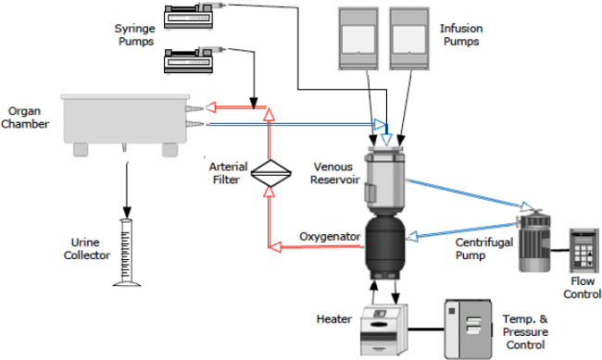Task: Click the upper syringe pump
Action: (189, 17)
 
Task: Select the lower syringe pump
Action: (189, 61)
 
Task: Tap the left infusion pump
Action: (358, 38)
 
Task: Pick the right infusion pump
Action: (409, 38)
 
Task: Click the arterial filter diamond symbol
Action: (270, 173)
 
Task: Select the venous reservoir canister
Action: (384, 180)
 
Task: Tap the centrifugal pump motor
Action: (534, 242)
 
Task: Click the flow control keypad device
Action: (584, 250)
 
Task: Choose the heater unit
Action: (384, 330)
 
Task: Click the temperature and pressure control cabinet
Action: (468, 329)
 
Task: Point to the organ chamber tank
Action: (125, 124)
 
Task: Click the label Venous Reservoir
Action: (334, 173)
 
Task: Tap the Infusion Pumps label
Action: (461, 35)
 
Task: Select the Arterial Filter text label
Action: (228, 173)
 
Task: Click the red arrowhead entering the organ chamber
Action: (211, 107)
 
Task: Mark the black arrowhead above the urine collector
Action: (127, 213)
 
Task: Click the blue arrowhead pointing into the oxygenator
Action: (412, 236)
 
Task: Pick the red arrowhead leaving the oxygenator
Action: (275, 246)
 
